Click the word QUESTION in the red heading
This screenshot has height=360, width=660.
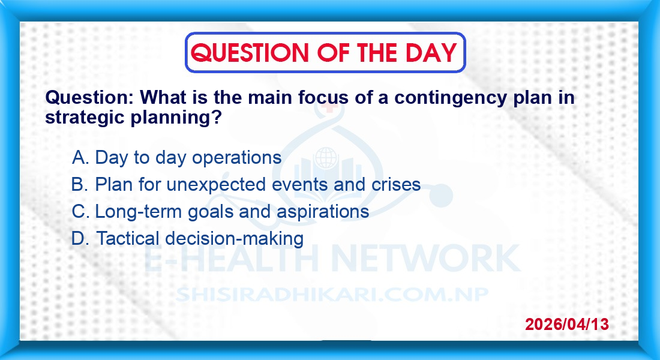(x=250, y=53)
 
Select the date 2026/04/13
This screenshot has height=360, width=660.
(x=567, y=324)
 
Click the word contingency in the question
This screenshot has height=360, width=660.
(x=451, y=98)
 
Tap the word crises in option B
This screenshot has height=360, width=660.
(x=395, y=184)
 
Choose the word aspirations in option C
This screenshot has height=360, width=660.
(x=323, y=212)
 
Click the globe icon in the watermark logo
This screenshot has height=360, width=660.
(x=326, y=158)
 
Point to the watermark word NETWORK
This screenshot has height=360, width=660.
(x=426, y=257)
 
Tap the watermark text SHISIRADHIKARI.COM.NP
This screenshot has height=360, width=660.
(x=332, y=295)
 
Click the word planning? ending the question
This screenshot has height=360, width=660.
(x=176, y=118)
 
